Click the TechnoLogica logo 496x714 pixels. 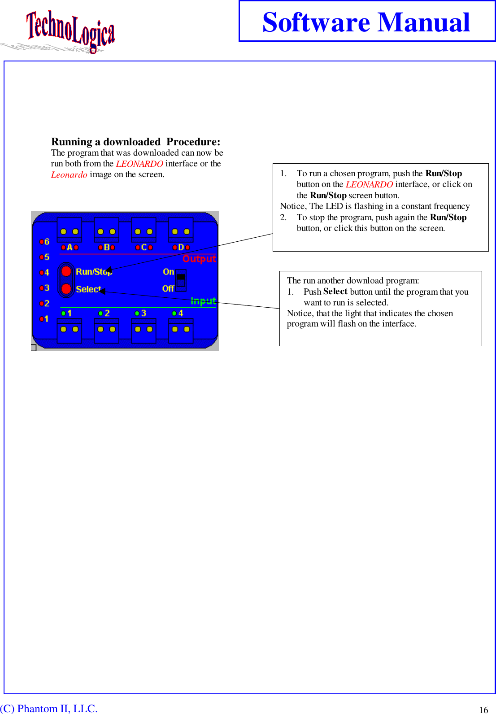pos(70,30)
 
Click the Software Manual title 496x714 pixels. pos(366,22)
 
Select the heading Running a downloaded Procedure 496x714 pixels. pos(135,142)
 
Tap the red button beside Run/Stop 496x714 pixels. pos(66,271)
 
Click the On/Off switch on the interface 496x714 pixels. pos(181,280)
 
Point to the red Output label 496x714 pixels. pos(199,259)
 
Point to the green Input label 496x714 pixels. pos(203,301)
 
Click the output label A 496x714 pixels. pos(70,247)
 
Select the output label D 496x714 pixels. pos(181,247)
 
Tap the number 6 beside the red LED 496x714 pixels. pos(47,242)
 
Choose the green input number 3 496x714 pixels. pos(144,313)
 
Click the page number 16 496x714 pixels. pos(483,710)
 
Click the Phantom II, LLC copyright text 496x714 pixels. pos(49,708)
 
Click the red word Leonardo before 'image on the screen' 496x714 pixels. pos(69,174)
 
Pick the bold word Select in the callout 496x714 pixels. pos(335,292)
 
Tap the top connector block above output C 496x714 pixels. pos(144,230)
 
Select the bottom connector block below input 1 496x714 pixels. pos(70,331)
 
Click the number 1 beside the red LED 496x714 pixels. pos(46,319)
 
